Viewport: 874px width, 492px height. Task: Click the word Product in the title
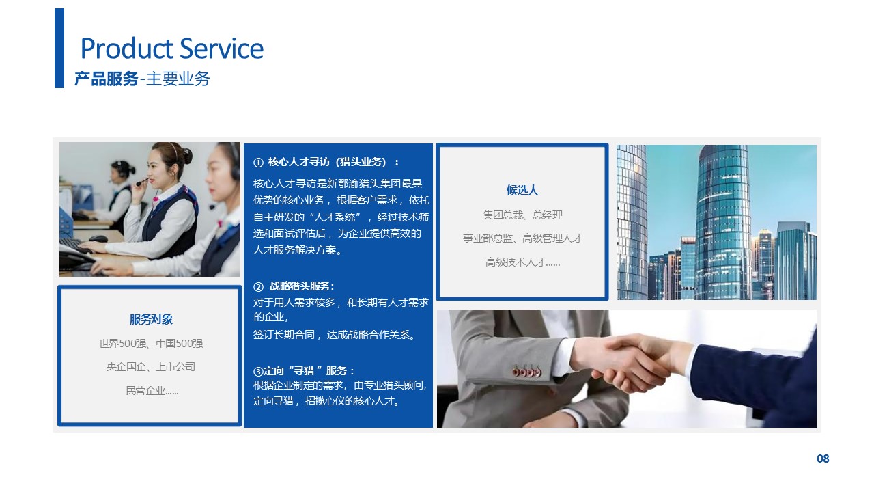coord(127,49)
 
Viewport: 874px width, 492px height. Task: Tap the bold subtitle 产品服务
coord(107,79)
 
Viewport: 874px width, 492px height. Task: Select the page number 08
coord(823,459)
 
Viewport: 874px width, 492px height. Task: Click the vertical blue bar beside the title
coord(59,48)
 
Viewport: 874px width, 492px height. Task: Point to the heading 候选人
coord(522,190)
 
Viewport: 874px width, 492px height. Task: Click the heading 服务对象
coord(151,319)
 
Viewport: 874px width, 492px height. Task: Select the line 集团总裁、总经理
coord(522,215)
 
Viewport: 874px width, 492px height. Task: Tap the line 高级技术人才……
coord(522,262)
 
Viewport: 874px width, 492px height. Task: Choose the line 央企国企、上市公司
coord(151,367)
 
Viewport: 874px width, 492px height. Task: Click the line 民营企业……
coord(152,390)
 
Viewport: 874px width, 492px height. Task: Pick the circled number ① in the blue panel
coord(258,163)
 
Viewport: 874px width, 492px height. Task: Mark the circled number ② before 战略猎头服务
coord(258,287)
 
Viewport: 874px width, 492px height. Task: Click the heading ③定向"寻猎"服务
coord(304,370)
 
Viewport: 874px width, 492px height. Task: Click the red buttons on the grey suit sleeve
coord(526,372)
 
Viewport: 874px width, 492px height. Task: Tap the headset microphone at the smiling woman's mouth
coord(141,182)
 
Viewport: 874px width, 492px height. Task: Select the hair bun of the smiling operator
coord(187,155)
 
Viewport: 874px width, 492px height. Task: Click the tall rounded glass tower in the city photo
coord(724,223)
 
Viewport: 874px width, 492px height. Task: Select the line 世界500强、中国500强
coord(151,344)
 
